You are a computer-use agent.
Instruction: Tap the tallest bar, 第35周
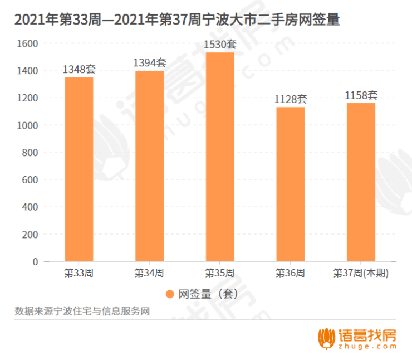coord(220,157)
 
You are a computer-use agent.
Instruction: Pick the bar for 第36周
coord(290,184)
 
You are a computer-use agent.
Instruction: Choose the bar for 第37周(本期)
coord(361,182)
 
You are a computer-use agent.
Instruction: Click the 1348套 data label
coord(79,70)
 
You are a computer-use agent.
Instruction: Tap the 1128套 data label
coord(290,100)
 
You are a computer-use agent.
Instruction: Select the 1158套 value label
coord(361,96)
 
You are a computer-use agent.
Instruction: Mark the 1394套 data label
coord(149,63)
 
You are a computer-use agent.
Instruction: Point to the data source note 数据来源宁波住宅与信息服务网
coord(82,311)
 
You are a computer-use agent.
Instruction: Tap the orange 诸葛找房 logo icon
coord(327,338)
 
